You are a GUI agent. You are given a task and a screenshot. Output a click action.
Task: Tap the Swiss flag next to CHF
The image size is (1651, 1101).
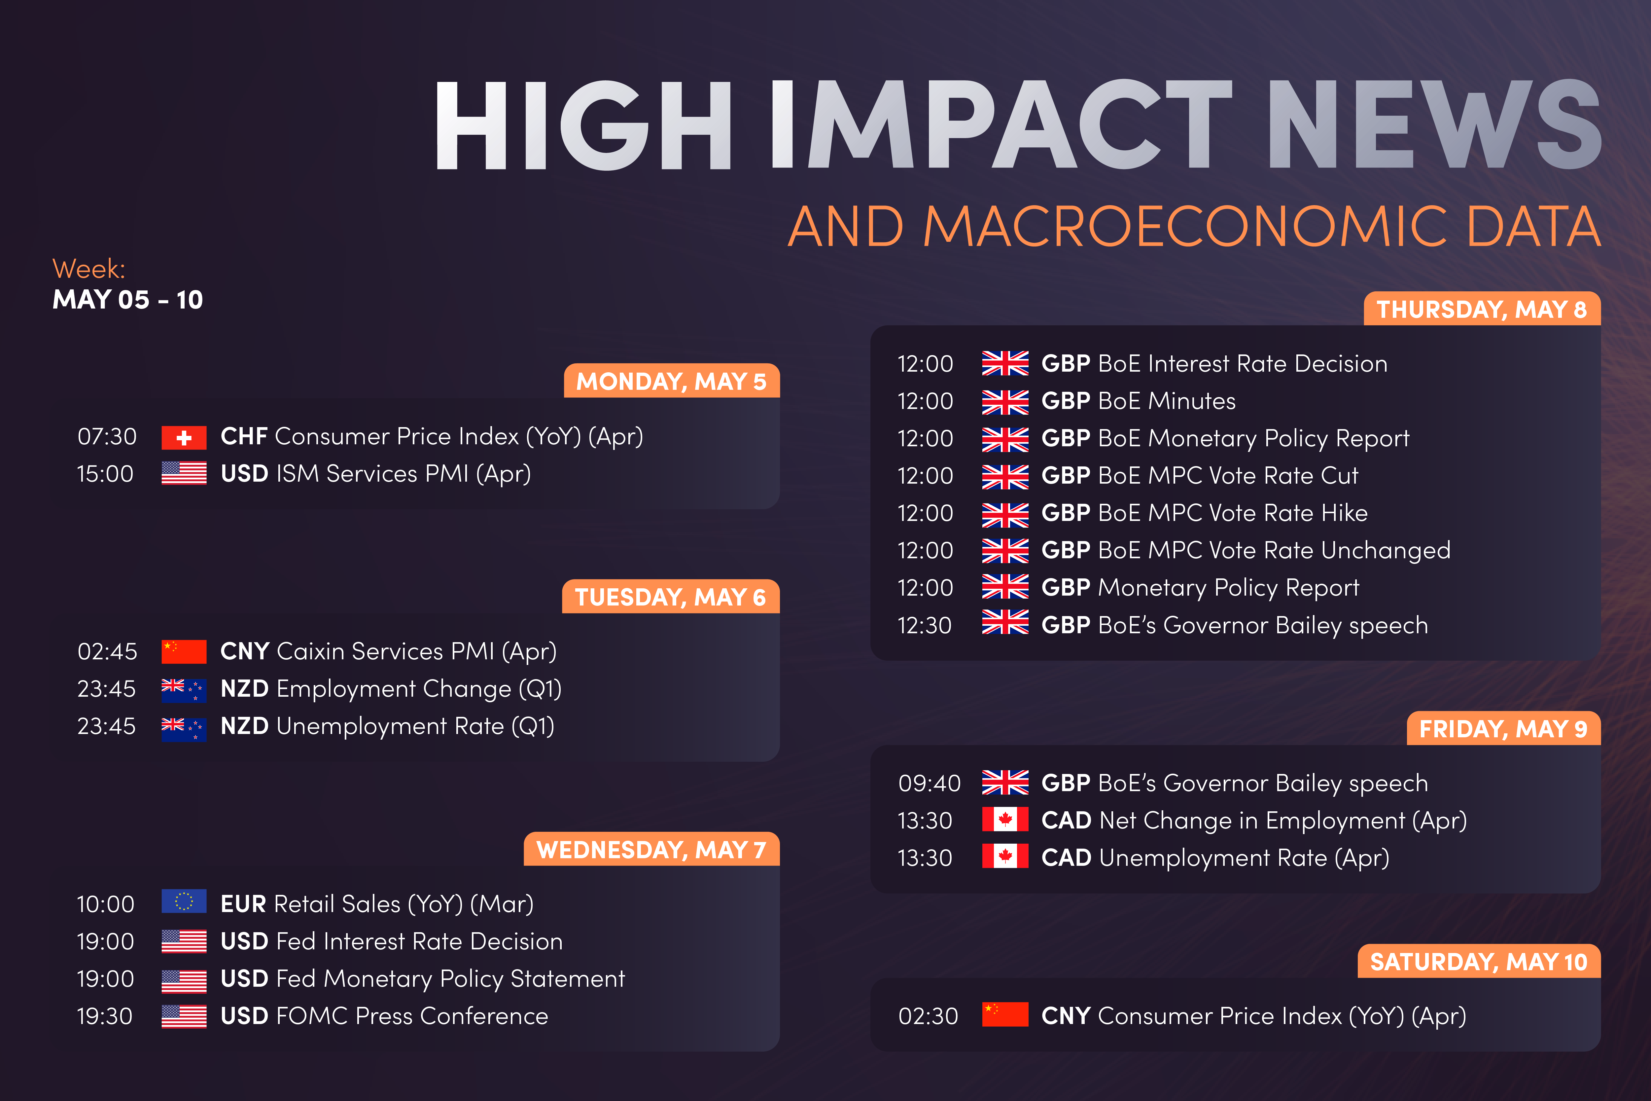[184, 437]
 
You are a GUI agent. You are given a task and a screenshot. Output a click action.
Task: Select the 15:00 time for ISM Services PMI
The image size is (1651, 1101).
[105, 474]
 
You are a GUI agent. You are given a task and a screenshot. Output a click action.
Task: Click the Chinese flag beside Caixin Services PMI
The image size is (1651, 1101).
[184, 652]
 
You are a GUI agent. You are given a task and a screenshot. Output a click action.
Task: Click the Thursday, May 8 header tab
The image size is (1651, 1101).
[1482, 309]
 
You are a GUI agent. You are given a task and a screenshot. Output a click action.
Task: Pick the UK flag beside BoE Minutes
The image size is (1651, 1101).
[1005, 402]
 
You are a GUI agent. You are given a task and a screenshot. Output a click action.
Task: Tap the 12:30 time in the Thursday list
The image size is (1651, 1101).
[925, 625]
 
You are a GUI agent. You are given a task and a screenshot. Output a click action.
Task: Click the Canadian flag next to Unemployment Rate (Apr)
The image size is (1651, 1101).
[1005, 857]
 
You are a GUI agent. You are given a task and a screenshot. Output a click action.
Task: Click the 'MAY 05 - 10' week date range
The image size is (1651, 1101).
[128, 300]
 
